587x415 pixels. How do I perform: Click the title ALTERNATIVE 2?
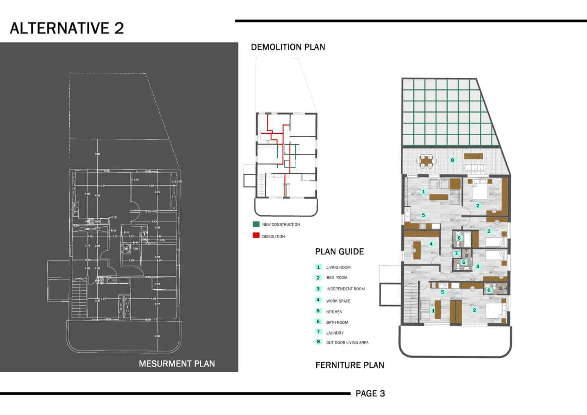coord(67,28)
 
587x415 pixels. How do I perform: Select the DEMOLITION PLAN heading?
coord(288,47)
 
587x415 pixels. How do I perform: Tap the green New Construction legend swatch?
coord(256,224)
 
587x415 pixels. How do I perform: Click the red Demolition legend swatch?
coord(256,236)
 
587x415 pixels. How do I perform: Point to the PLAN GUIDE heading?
coord(339,252)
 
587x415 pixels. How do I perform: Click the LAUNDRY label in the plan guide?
coord(335,333)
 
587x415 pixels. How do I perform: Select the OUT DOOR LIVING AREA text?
coord(347,343)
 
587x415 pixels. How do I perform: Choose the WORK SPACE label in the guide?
coord(338,301)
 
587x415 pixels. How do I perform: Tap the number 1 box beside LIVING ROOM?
coord(318,267)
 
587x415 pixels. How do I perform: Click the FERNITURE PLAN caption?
coord(350,365)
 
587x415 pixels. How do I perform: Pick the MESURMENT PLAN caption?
coord(177,364)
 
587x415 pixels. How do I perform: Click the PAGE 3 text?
coord(370,393)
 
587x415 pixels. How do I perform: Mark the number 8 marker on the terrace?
coord(452,160)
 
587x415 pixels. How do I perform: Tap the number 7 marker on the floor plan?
coord(456,253)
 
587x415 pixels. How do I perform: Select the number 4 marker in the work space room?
coord(431,244)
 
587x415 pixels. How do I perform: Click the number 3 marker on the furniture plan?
coord(477,266)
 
